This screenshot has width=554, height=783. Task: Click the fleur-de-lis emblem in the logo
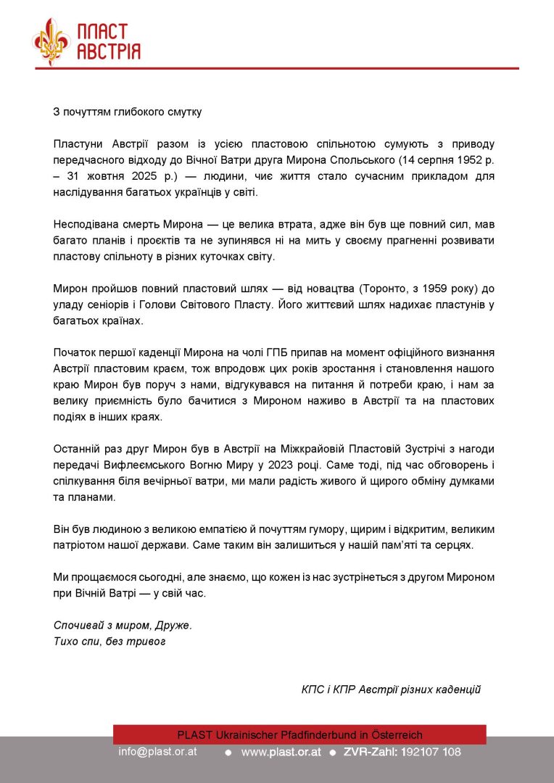(51, 42)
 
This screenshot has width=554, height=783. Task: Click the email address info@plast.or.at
(157, 753)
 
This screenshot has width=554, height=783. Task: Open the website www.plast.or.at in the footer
(281, 753)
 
